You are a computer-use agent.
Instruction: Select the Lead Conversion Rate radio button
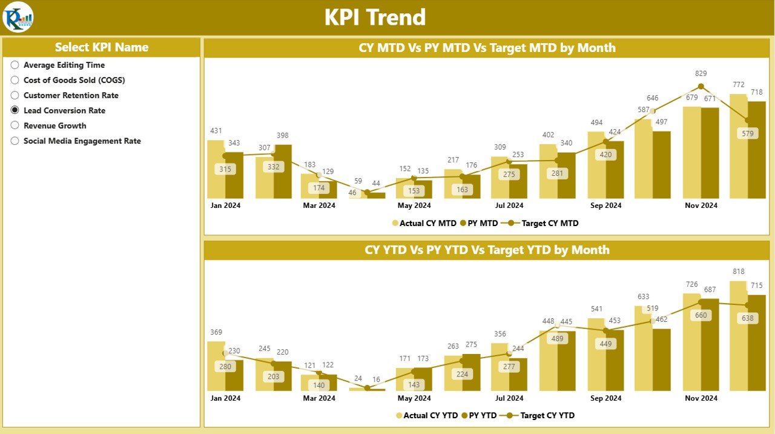[x=15, y=110]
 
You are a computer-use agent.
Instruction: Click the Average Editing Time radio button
[x=15, y=65]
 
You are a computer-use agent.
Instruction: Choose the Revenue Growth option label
[x=54, y=125]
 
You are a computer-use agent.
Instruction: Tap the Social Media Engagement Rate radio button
[x=15, y=141]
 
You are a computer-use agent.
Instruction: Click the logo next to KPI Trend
[x=18, y=17]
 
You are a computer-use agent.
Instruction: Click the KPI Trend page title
[x=375, y=17]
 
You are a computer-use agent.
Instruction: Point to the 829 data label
[x=701, y=73]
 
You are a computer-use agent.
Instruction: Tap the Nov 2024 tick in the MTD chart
[x=701, y=205]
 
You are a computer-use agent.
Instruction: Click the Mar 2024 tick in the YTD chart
[x=319, y=398]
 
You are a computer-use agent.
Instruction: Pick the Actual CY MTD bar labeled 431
[x=216, y=170]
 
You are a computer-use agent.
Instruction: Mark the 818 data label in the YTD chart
[x=738, y=272]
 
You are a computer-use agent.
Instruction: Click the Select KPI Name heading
[x=101, y=47]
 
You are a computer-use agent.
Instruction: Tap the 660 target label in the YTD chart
[x=701, y=315]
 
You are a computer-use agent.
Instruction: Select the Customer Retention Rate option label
[x=71, y=95]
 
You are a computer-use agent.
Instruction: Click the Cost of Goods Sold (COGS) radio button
[x=15, y=80]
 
